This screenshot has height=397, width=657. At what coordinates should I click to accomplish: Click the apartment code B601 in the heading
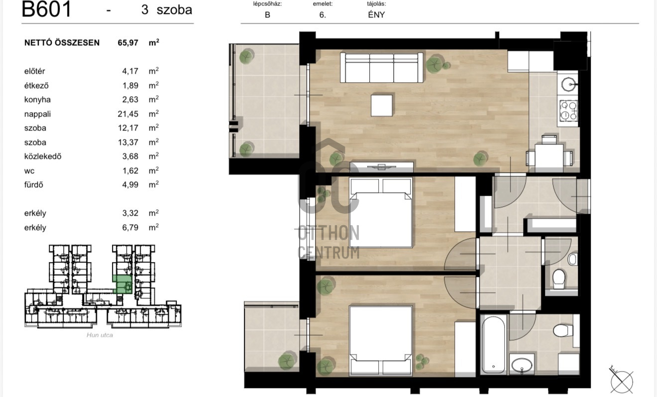coord(46,9)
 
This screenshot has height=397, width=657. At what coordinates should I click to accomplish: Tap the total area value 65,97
coord(128,43)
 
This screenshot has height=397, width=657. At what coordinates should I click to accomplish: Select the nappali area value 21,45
coord(128,114)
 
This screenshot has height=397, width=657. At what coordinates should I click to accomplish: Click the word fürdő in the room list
coord(34,185)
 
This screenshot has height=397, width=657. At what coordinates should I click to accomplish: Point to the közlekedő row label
coord(43,156)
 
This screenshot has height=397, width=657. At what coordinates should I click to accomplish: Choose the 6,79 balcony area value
coord(130,227)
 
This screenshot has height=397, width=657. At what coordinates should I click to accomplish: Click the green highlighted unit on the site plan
coord(122,284)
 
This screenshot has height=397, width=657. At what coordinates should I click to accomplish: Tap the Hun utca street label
coord(100,335)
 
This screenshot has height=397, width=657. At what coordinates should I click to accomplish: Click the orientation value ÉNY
coord(376,14)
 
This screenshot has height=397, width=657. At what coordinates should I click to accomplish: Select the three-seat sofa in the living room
coord(382,68)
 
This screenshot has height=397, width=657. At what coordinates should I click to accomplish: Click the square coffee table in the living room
coord(382,105)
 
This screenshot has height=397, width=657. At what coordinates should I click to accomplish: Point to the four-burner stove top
coord(568,111)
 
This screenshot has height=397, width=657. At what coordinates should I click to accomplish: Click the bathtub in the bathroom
coord(494,345)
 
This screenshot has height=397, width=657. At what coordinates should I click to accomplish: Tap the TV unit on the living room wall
coord(381,166)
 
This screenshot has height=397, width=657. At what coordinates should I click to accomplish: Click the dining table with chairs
coord(549,155)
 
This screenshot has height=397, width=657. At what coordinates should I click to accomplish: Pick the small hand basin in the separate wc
coord(572,260)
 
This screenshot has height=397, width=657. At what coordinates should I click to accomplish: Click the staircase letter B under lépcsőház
coord(267,14)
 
